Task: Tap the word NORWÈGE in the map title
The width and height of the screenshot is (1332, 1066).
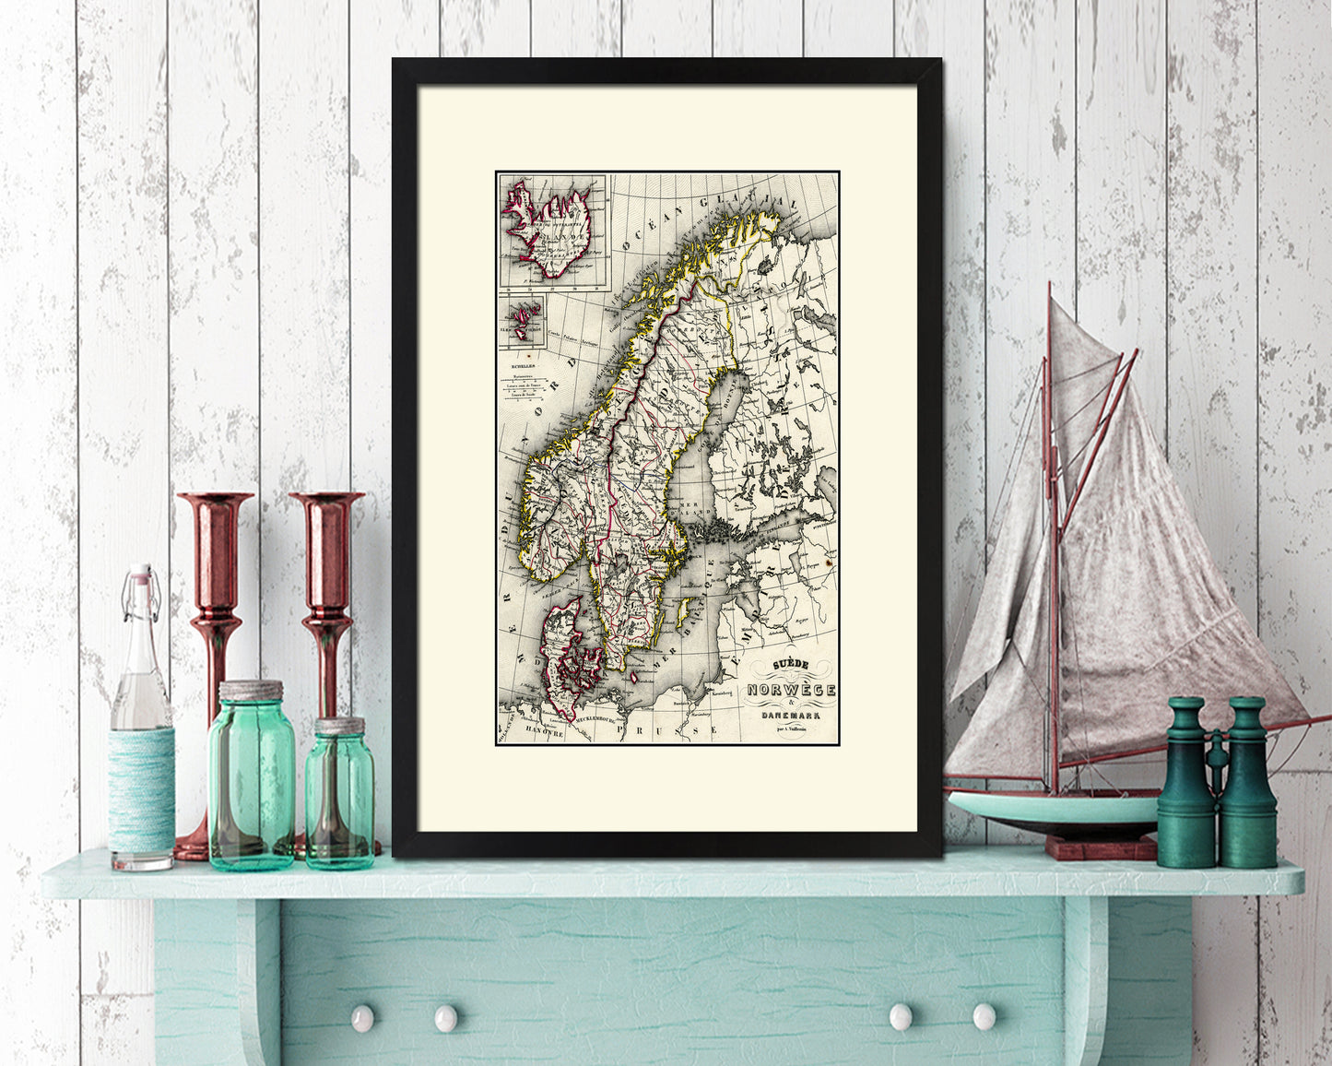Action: click(792, 690)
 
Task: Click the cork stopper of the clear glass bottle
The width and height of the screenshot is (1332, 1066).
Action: click(140, 578)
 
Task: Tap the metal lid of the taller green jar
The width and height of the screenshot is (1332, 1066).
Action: click(251, 691)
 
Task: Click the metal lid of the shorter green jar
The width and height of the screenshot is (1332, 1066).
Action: click(339, 725)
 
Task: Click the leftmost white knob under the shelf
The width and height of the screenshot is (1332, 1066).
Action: click(361, 1017)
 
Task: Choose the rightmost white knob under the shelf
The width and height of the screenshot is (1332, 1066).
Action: click(983, 1017)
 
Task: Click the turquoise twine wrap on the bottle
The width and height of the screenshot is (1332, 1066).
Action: click(142, 788)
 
